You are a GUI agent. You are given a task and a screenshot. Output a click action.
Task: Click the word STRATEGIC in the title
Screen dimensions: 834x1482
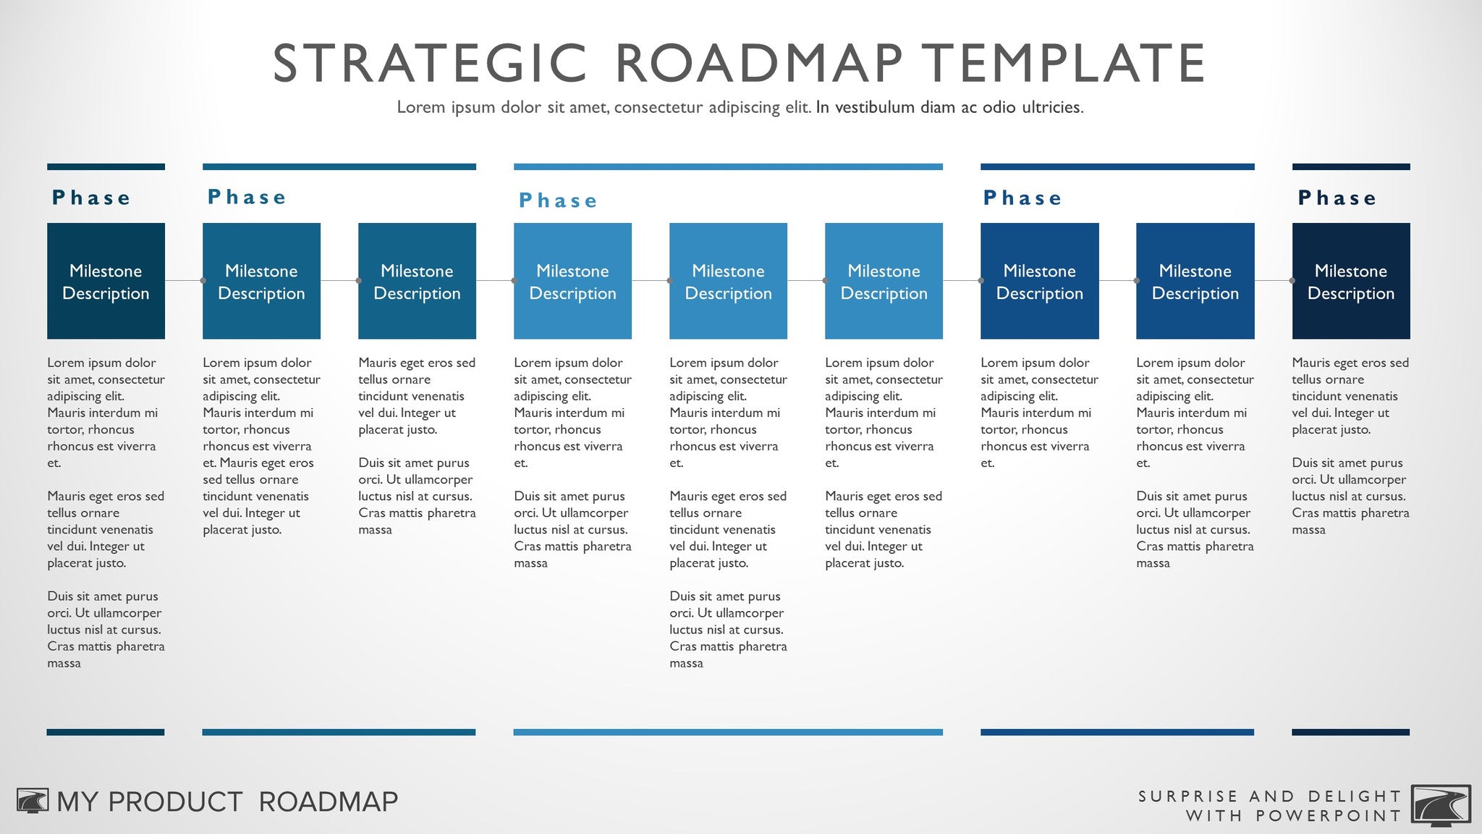[x=429, y=64]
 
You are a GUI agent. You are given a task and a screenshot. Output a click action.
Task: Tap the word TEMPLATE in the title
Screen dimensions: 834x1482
[x=1063, y=64]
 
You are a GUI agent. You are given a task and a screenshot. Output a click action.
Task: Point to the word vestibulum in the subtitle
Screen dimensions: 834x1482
[x=875, y=108]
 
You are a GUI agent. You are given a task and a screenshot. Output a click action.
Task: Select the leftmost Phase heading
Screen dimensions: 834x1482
[x=91, y=198]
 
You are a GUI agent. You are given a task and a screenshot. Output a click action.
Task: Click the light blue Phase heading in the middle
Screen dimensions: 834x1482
[x=558, y=201]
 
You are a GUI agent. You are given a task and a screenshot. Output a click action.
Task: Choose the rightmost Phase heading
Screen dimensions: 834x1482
[x=1337, y=198]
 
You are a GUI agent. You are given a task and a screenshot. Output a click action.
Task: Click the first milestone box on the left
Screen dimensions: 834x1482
[x=106, y=281]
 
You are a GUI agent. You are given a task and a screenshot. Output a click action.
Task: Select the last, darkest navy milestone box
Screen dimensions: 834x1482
[x=1350, y=281]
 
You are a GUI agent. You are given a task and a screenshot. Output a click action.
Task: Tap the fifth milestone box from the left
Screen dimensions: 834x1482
[x=728, y=281]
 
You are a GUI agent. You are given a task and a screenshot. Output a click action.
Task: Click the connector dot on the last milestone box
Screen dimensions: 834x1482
[x=1292, y=280]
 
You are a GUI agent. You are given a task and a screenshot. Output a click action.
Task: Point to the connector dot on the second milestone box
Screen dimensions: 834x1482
[x=203, y=280]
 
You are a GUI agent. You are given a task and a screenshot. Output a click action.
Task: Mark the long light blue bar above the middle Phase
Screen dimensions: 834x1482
[x=728, y=167]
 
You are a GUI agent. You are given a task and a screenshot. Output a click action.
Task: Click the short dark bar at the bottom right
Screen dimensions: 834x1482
[x=1350, y=732]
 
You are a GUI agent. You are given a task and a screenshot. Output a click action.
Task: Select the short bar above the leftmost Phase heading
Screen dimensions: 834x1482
[x=106, y=167]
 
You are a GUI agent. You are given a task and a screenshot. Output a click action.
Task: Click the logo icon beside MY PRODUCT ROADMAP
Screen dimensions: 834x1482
[x=33, y=801]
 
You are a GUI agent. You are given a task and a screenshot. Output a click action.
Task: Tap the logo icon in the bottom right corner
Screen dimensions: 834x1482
[x=1441, y=804]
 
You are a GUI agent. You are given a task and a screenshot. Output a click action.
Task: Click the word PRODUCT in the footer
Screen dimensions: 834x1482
[x=175, y=802]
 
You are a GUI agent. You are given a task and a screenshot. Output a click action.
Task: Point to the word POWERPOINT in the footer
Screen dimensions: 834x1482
[x=1329, y=816]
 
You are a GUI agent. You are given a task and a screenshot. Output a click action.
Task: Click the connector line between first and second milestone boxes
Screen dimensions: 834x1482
[x=184, y=280]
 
